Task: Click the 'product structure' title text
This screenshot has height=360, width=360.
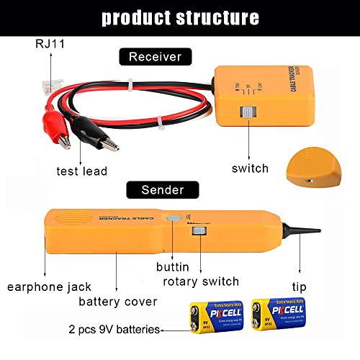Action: pyautogui.click(x=179, y=17)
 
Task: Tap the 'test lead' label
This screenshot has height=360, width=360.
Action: pyautogui.click(x=81, y=171)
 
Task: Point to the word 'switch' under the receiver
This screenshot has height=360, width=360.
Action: pyautogui.click(x=250, y=168)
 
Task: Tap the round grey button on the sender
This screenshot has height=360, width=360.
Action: pyautogui.click(x=173, y=219)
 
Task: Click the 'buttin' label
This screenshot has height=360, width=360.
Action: pyautogui.click(x=174, y=266)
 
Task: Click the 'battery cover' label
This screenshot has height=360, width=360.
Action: pyautogui.click(x=118, y=301)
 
